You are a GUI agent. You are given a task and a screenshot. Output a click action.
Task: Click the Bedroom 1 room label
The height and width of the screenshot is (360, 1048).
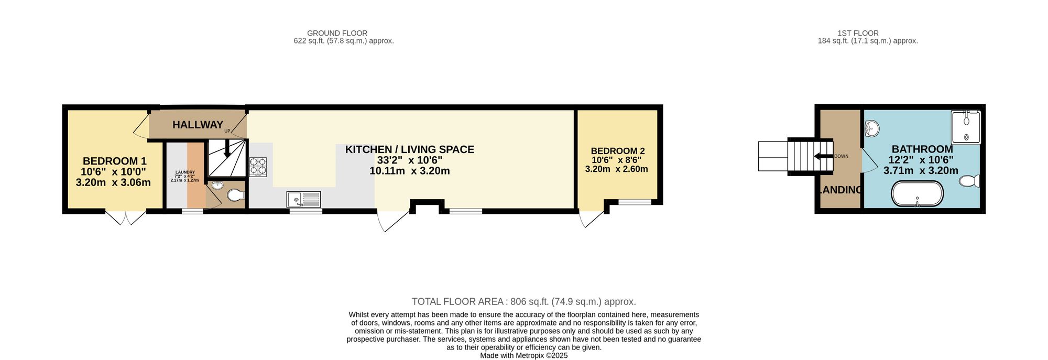coord(114,161)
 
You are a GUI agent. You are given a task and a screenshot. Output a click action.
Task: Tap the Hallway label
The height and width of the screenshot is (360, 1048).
coord(198,125)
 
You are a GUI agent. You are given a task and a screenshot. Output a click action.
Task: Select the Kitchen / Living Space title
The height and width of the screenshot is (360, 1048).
coord(409,150)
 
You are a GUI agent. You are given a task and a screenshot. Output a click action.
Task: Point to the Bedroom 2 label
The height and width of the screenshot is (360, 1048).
coord(617,151)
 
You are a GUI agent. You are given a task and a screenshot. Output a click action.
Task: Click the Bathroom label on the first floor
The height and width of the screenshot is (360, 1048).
coord(922,149)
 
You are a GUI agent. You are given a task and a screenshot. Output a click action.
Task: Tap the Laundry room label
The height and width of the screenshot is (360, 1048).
coord(185,172)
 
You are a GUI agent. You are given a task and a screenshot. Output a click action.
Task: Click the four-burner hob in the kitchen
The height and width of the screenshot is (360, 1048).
coord(258,166)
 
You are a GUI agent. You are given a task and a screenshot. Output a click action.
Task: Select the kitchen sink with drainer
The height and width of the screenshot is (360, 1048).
coord(303,199)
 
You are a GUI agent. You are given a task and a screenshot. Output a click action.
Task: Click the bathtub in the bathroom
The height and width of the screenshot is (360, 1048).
coord(917,193)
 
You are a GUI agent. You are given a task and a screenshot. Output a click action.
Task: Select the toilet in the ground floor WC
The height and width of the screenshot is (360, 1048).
coord(236,195)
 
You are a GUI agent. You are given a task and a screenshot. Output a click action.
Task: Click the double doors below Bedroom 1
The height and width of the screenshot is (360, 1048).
coord(126,218)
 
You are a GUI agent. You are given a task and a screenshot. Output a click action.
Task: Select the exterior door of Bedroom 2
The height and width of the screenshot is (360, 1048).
coord(591,219)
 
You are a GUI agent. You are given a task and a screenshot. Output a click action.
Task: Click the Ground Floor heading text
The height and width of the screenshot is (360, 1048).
coord(337,33)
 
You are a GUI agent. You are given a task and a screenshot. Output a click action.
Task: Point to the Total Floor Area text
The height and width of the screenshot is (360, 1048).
coord(523,302)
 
